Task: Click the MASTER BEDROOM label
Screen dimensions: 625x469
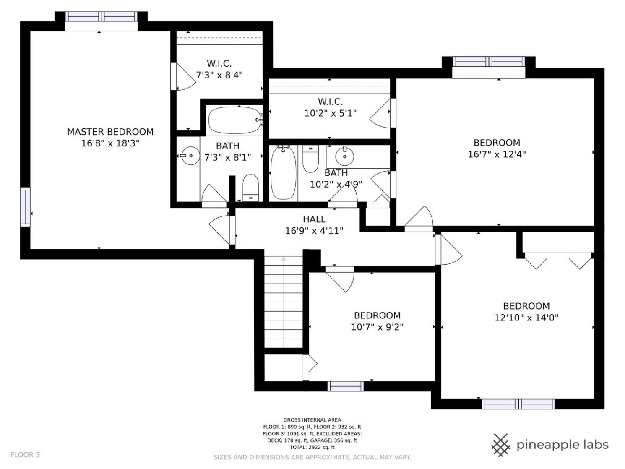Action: pyautogui.click(x=110, y=132)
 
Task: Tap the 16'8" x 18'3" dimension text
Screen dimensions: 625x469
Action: pyautogui.click(x=110, y=143)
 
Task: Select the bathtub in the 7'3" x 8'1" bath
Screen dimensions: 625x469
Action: pyautogui.click(x=234, y=120)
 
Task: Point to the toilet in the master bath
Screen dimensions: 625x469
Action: pyautogui.click(x=251, y=188)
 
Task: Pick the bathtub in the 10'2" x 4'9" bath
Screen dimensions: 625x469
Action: pyautogui.click(x=283, y=173)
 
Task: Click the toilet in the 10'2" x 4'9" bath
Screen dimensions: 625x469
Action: pyautogui.click(x=310, y=159)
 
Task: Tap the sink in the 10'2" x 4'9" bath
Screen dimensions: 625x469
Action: pyautogui.click(x=345, y=156)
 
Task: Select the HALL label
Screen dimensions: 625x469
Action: pyautogui.click(x=314, y=219)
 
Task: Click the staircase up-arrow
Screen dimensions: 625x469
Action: pyautogui.click(x=283, y=259)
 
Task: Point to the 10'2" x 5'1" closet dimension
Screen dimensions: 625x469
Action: pyautogui.click(x=330, y=113)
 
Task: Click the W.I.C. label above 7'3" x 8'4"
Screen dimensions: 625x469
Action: pyautogui.click(x=219, y=63)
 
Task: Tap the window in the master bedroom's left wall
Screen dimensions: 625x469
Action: pyautogui.click(x=26, y=207)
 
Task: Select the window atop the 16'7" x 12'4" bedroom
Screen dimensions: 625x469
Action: pyautogui.click(x=489, y=62)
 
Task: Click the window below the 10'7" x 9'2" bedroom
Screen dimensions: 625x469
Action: pyautogui.click(x=346, y=386)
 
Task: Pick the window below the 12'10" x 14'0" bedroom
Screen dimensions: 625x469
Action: pyautogui.click(x=518, y=404)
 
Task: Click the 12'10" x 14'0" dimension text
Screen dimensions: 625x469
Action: pyautogui.click(x=526, y=317)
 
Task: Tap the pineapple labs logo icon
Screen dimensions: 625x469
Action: pyautogui.click(x=501, y=445)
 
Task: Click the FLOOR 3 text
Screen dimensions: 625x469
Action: pyautogui.click(x=25, y=455)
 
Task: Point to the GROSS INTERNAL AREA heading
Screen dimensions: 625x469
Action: pyautogui.click(x=312, y=419)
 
